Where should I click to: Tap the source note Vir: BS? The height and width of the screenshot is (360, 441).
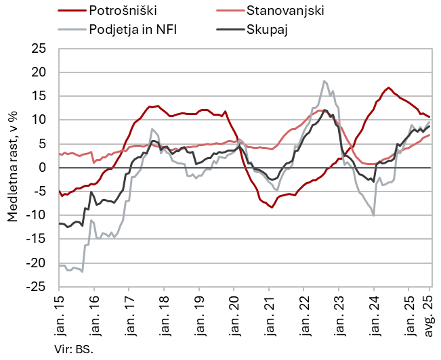(x=73, y=350)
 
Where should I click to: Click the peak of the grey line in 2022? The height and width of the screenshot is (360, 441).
(x=324, y=81)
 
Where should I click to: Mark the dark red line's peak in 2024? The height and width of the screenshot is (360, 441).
(x=388, y=87)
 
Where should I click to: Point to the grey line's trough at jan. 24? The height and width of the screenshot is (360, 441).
(x=374, y=216)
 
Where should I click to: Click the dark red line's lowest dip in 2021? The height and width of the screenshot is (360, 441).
(x=272, y=207)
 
